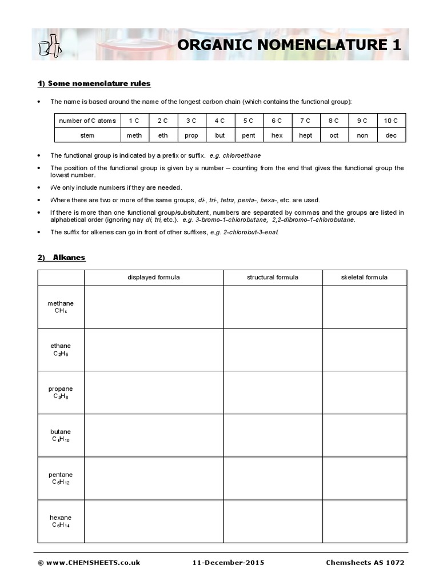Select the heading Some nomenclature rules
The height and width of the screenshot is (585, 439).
click(94, 83)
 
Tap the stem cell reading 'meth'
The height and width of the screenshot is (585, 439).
click(134, 135)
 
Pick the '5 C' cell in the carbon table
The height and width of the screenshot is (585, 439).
click(248, 121)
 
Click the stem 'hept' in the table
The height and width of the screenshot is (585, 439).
click(305, 135)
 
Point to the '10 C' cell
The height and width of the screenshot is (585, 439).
click(391, 121)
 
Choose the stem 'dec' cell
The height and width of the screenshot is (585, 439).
click(391, 135)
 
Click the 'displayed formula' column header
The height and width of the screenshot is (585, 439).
click(153, 278)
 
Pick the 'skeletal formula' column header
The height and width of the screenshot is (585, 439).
click(364, 278)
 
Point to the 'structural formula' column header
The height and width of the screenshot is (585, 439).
click(272, 278)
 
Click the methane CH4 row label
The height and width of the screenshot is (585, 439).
click(61, 307)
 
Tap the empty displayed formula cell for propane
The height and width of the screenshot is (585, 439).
click(153, 392)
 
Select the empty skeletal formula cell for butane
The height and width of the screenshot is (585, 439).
click(364, 435)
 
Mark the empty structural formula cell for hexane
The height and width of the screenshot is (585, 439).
click(272, 521)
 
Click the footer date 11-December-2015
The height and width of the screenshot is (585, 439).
click(229, 563)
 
